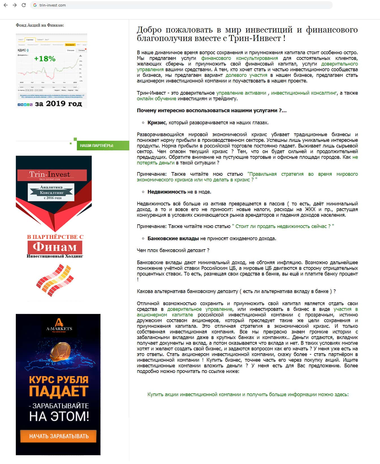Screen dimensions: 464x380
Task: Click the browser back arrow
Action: [x=6, y=5]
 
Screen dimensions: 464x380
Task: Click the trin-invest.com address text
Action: [x=53, y=5]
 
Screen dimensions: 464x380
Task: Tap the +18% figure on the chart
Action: [x=45, y=59]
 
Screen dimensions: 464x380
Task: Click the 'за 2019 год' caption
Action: [x=58, y=104]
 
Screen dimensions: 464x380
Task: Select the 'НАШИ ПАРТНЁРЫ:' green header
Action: [x=97, y=146]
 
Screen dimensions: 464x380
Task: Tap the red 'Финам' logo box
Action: [x=55, y=247]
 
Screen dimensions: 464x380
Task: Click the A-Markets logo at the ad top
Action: [x=59, y=325]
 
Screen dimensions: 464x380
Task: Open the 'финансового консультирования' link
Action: [x=239, y=58]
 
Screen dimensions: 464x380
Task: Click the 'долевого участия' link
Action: [x=246, y=75]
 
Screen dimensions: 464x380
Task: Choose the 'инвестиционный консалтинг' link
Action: [x=304, y=93]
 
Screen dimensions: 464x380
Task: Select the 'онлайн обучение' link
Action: [x=156, y=99]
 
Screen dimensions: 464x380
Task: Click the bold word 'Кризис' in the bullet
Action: [x=156, y=123]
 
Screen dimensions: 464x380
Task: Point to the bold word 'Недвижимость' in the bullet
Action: [x=167, y=192]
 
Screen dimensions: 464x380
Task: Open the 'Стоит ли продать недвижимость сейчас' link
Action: [x=283, y=226]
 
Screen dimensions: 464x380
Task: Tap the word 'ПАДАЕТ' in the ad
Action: [x=59, y=391]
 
